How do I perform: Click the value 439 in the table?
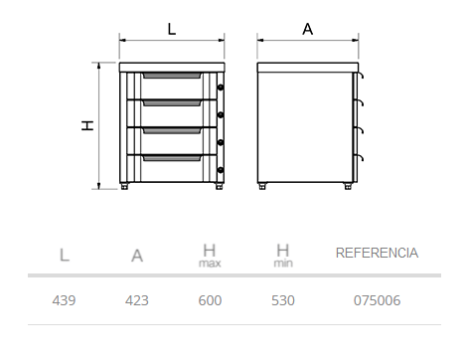[x=64, y=300]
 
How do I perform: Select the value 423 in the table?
[x=137, y=300]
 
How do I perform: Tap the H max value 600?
[x=210, y=300]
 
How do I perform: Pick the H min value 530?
[x=283, y=300]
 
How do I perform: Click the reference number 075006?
[x=377, y=300]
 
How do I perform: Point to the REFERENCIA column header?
[x=377, y=253]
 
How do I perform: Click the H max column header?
[x=210, y=256]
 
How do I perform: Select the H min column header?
[x=283, y=256]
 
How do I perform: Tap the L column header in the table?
[x=65, y=256]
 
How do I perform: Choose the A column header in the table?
[x=137, y=256]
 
